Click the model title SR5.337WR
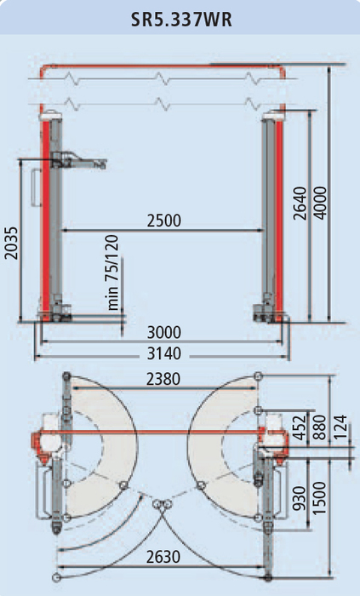(181, 20)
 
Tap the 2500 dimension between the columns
(164, 221)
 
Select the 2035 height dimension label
(11, 244)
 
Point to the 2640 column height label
(300, 203)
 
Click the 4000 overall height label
(320, 203)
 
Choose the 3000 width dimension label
(164, 333)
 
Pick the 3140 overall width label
(164, 354)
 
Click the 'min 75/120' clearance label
(112, 272)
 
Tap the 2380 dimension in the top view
(163, 379)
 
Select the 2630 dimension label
(163, 557)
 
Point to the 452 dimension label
(300, 427)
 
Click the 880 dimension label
(319, 427)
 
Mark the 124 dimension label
(340, 427)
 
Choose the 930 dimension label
(300, 499)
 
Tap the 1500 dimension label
(319, 498)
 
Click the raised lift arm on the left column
(79, 161)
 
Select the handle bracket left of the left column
(36, 188)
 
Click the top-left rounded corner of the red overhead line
(43, 68)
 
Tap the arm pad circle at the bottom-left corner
(56, 577)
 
